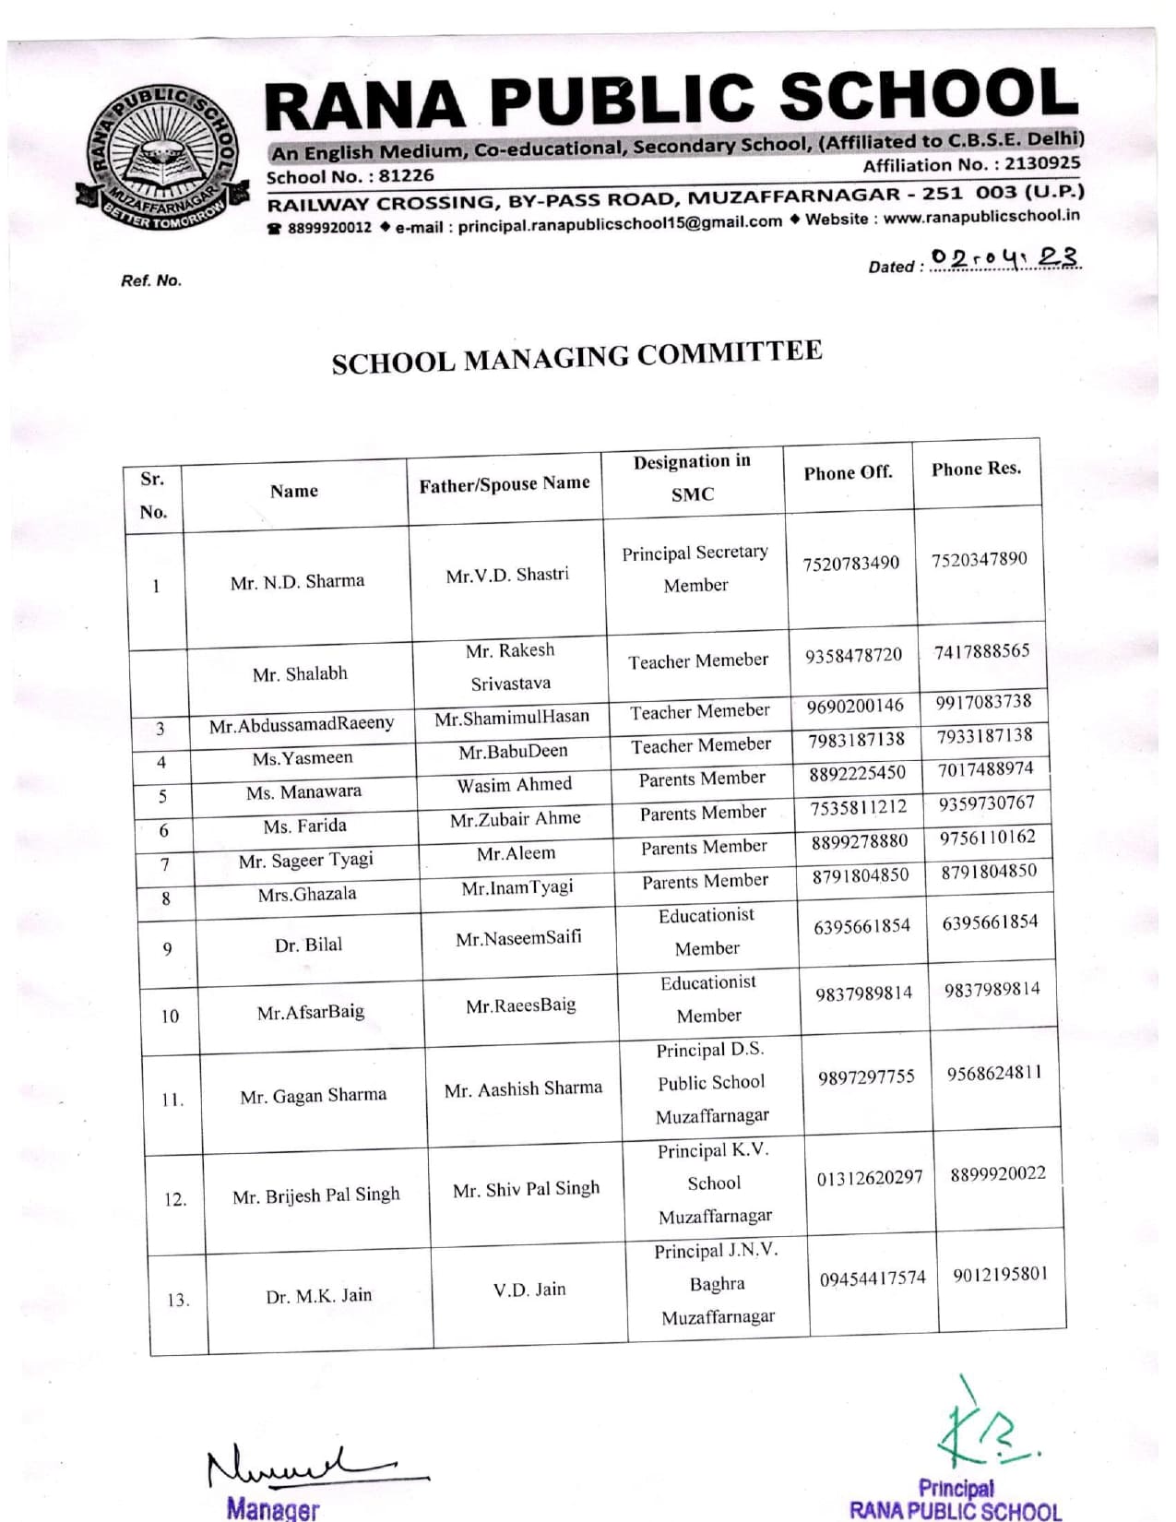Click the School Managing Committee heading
point(576,356)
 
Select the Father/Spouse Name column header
point(504,484)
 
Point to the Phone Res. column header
point(976,470)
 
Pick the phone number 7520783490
point(850,564)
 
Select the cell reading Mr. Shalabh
point(300,674)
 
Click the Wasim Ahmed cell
point(514,785)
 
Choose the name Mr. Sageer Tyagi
point(305,861)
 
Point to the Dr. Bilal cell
point(308,945)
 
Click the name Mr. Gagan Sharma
point(313,1096)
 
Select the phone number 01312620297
point(869,1178)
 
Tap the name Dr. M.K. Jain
point(318,1296)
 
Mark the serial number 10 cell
point(170,1017)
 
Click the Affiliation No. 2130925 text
point(970,164)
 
